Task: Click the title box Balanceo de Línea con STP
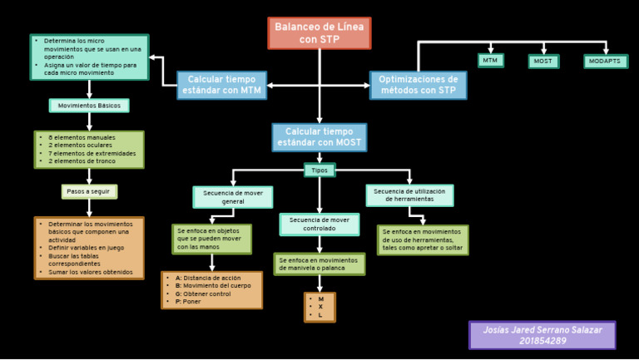click(x=319, y=33)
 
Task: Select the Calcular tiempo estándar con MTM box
click(x=221, y=85)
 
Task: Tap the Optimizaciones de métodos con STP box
click(x=418, y=85)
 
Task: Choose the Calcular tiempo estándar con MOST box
click(x=319, y=138)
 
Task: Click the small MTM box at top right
click(x=490, y=61)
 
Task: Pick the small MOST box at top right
click(x=543, y=62)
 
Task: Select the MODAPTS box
click(x=605, y=62)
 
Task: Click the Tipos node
click(x=319, y=170)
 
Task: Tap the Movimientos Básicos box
click(x=89, y=106)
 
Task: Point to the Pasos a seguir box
click(x=89, y=191)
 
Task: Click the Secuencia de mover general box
click(x=233, y=197)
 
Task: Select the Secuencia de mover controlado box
click(x=319, y=224)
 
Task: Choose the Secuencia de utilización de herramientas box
click(x=409, y=195)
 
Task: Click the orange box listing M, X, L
click(x=319, y=307)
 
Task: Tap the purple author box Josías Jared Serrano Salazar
click(x=542, y=330)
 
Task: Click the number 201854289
click(x=542, y=341)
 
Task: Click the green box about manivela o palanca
click(x=319, y=264)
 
